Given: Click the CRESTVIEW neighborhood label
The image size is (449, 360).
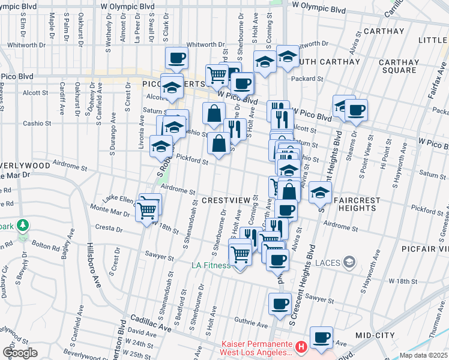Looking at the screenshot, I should tap(226, 200).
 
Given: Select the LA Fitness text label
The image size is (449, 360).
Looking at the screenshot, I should tap(211, 265).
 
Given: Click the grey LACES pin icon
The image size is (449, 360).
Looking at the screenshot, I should tap(351, 262).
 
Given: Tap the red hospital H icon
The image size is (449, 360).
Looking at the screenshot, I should tap(301, 346).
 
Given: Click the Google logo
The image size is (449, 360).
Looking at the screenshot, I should tap(20, 352).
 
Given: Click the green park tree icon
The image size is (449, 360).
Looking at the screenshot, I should tap(23, 225).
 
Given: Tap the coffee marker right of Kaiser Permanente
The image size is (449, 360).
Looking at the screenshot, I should tap(322, 338).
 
